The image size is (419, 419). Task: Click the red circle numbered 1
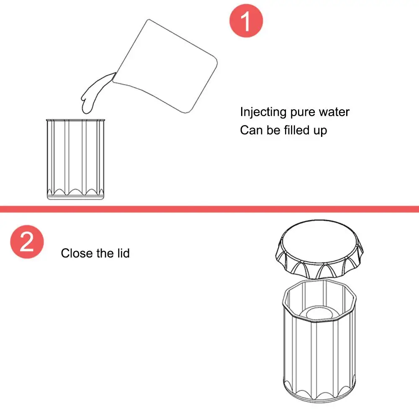pos(246,21)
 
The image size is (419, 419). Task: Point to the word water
pos(334,112)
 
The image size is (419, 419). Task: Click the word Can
pos(251,130)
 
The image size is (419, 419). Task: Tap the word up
pos(319,131)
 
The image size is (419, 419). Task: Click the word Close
pos(77,253)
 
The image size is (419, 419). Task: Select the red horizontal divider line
pos(209,209)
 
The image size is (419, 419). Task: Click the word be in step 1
pos(272,130)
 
